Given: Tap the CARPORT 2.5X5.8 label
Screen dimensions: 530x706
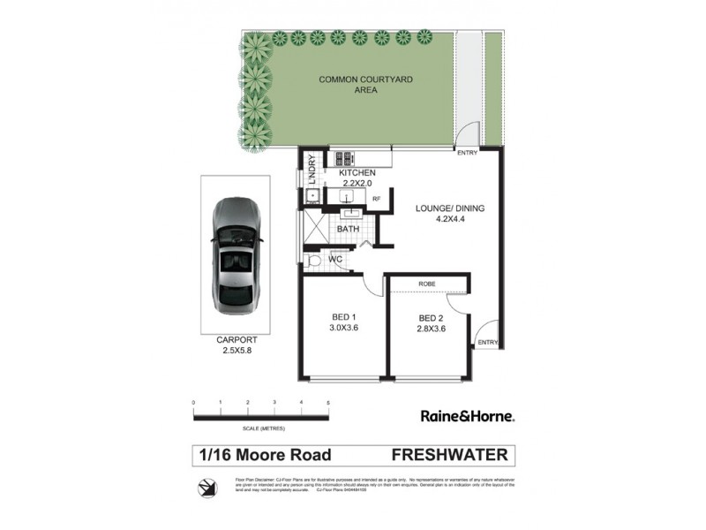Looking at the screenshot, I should (x=236, y=344).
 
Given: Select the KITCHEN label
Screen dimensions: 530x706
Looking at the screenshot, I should (x=357, y=172).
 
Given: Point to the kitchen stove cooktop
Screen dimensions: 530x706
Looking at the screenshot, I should (x=343, y=158).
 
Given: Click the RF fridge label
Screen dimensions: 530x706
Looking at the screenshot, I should (x=376, y=200).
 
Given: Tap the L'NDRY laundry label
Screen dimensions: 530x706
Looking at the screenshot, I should (x=312, y=168).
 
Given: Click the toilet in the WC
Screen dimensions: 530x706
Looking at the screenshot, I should (x=312, y=260).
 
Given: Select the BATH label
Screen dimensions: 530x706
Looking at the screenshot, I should (x=348, y=229).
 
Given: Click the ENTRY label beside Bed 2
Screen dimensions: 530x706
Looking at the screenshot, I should (x=486, y=342).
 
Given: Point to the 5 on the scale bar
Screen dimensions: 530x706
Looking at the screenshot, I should (x=328, y=403).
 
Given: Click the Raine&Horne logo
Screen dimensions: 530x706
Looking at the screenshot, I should (x=466, y=414).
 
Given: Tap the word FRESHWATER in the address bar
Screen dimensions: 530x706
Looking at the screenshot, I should (x=449, y=455).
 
